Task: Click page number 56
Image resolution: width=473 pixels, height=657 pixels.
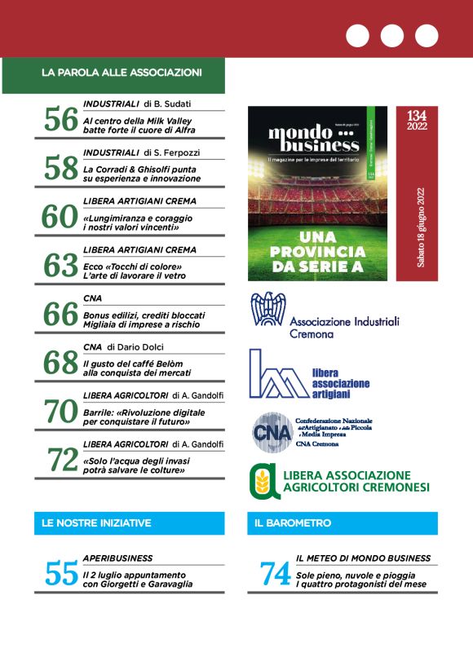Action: (60, 121)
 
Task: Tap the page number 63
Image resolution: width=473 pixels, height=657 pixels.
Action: (60, 266)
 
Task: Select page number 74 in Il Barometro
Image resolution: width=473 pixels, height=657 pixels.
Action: (276, 575)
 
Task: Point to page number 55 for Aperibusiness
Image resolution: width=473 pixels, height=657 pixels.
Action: (60, 575)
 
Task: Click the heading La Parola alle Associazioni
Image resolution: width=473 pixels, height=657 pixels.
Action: (122, 73)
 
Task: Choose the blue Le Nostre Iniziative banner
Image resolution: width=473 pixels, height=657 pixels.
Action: (128, 523)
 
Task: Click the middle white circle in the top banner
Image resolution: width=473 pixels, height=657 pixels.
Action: (392, 36)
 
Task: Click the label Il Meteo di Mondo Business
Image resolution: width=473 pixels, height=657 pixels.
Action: (364, 558)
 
